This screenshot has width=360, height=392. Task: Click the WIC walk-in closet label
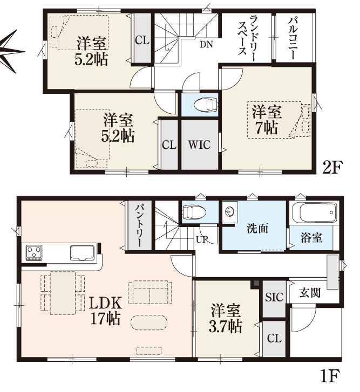pyautogui.click(x=199, y=145)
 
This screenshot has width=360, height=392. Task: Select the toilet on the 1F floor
pyautogui.click(x=194, y=212)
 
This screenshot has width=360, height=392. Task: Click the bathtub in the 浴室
pyautogui.click(x=314, y=212)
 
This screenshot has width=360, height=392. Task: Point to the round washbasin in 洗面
pyautogui.click(x=229, y=212)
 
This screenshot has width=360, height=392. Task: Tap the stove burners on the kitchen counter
pyautogui.click(x=35, y=252)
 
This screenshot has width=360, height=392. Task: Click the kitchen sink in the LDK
pyautogui.click(x=82, y=252)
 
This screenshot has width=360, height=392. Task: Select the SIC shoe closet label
pyautogui.click(x=274, y=297)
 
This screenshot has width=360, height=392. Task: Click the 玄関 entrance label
pyautogui.click(x=310, y=292)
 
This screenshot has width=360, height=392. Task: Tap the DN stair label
pyautogui.click(x=206, y=44)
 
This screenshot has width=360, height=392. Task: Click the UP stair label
pyautogui.click(x=202, y=239)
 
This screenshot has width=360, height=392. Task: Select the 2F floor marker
pyautogui.click(x=331, y=168)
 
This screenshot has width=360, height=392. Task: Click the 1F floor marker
pyautogui.click(x=330, y=375)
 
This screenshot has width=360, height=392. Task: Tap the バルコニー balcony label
pyautogui.click(x=292, y=38)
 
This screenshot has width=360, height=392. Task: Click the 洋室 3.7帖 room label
pyautogui.click(x=226, y=318)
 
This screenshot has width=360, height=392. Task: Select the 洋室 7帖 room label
pyautogui.click(x=267, y=120)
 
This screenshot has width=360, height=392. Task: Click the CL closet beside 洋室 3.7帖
pyautogui.click(x=274, y=339)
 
